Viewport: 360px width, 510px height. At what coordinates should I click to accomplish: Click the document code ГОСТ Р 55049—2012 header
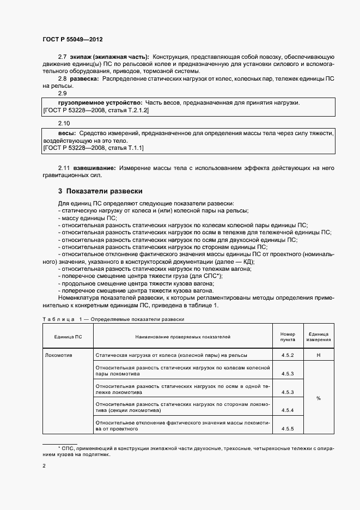coord(72,40)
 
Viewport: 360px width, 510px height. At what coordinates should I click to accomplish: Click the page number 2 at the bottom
coord(44,466)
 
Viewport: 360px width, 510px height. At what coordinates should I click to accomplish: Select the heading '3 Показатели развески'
coord(100,191)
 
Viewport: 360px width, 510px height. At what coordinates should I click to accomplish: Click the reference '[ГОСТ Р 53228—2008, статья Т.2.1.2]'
coord(95,110)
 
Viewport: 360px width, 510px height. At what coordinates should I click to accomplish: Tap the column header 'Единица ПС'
coord(68,337)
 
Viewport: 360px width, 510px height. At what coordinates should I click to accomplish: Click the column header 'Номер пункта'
coord(288,337)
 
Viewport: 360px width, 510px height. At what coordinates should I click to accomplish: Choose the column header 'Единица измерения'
coord(318,337)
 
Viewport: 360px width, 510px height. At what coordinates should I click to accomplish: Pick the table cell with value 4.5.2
coord(288,355)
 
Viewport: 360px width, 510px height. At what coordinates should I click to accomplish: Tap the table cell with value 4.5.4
coord(288,410)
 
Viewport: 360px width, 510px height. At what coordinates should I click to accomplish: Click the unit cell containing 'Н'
coord(318,355)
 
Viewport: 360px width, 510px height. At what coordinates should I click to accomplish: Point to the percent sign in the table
coord(318,398)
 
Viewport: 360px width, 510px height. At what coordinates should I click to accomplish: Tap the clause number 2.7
coord(62,57)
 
